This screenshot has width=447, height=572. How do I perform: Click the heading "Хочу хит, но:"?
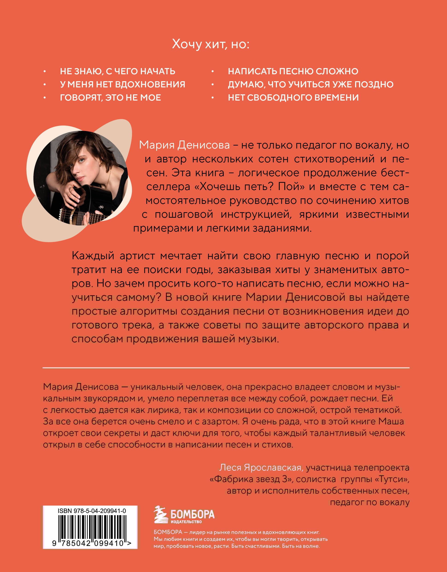coord(210,44)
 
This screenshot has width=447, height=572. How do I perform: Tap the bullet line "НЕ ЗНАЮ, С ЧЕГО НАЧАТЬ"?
coord(118,71)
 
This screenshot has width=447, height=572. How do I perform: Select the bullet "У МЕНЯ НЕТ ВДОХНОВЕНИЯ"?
coord(123,84)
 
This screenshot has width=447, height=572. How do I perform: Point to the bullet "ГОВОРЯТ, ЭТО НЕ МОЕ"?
coord(110,97)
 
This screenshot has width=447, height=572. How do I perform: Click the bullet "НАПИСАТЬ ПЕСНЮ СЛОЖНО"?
coord(293,71)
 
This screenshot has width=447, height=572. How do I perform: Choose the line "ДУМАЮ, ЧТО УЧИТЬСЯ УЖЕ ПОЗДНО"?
coord(310,84)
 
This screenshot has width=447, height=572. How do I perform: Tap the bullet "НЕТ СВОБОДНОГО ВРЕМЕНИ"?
coord(293,97)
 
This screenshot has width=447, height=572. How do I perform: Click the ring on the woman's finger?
coord(70,188)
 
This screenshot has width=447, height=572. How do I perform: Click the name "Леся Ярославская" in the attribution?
coord(261,468)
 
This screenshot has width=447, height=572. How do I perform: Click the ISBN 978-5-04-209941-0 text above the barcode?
coord(92,511)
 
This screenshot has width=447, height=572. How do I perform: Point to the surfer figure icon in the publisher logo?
coord(160,515)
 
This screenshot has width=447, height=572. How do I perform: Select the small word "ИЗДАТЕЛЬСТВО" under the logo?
coord(186,522)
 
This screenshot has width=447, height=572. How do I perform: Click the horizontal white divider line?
coord(226,368)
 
